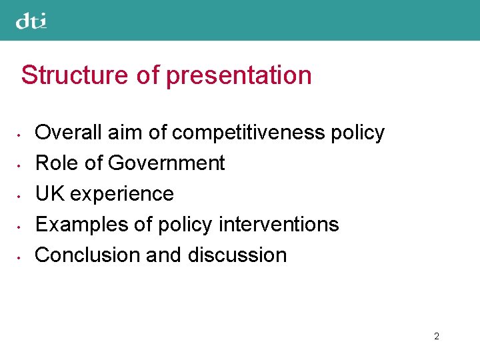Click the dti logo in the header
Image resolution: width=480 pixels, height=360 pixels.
31,21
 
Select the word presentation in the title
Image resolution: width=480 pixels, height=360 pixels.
239,75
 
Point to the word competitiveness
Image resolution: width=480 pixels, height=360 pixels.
248,133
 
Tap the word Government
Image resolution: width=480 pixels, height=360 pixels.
166,163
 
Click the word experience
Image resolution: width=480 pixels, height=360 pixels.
122,194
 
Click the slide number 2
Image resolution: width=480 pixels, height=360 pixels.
437,336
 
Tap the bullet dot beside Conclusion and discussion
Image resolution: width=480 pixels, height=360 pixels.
22,257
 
